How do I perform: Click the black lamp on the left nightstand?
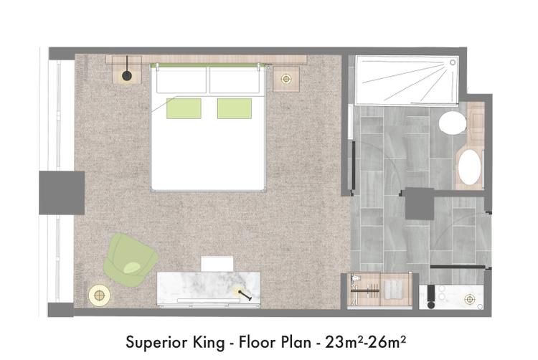click(126, 76)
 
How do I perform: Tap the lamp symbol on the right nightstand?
click(285, 79)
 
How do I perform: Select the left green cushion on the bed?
click(184, 108)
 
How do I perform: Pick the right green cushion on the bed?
click(235, 108)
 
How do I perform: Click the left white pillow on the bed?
click(181, 80)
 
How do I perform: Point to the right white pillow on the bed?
click(235, 80)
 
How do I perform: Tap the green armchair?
click(130, 260)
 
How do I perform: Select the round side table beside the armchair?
click(99, 295)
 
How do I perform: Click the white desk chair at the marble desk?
click(217, 264)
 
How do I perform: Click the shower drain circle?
click(453, 62)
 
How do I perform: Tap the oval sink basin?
click(470, 167)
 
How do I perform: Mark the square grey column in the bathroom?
click(420, 204)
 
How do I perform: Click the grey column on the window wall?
click(62, 193)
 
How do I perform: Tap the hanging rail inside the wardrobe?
click(364, 291)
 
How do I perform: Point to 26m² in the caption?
click(387, 342)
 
